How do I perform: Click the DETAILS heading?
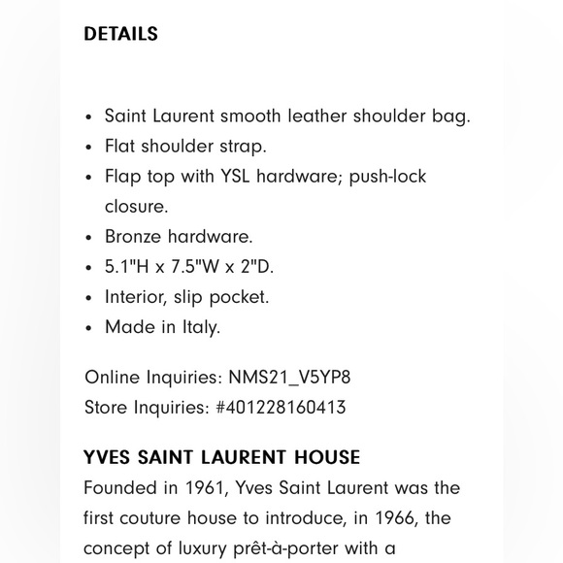(120, 34)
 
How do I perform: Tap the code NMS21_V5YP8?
(289, 378)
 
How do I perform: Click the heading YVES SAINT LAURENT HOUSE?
(221, 457)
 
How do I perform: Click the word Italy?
(201, 327)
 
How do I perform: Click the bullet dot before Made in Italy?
(89, 328)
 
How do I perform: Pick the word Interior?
(136, 297)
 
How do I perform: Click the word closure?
(135, 207)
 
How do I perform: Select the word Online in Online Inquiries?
(112, 378)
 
